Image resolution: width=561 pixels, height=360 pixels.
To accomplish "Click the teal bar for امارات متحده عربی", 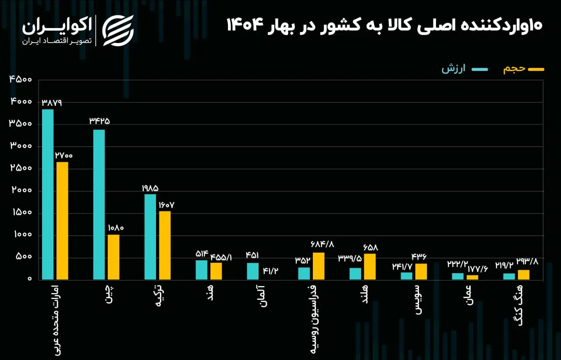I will pyautogui.click(x=48, y=194).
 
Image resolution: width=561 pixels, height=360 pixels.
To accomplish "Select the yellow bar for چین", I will pyautogui.click(x=114, y=257).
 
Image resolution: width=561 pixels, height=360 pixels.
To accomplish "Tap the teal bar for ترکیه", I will pyautogui.click(x=150, y=236).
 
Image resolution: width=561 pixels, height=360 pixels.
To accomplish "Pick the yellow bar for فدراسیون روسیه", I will pyautogui.click(x=319, y=266).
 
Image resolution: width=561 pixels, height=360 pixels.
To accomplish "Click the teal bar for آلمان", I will pyautogui.click(x=253, y=271).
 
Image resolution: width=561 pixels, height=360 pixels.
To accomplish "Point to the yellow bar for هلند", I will pyautogui.click(x=370, y=266).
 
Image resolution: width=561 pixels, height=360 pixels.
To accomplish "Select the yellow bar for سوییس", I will pyautogui.click(x=421, y=271).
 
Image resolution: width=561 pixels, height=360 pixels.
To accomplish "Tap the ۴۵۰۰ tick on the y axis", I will pyautogui.click(x=20, y=79).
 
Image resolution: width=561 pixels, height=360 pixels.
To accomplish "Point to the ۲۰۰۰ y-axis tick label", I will pyautogui.click(x=20, y=191).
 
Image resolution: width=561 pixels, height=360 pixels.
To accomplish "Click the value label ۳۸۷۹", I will pyautogui.click(x=52, y=103).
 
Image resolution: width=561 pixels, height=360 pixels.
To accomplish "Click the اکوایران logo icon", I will pyautogui.click(x=117, y=30).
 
